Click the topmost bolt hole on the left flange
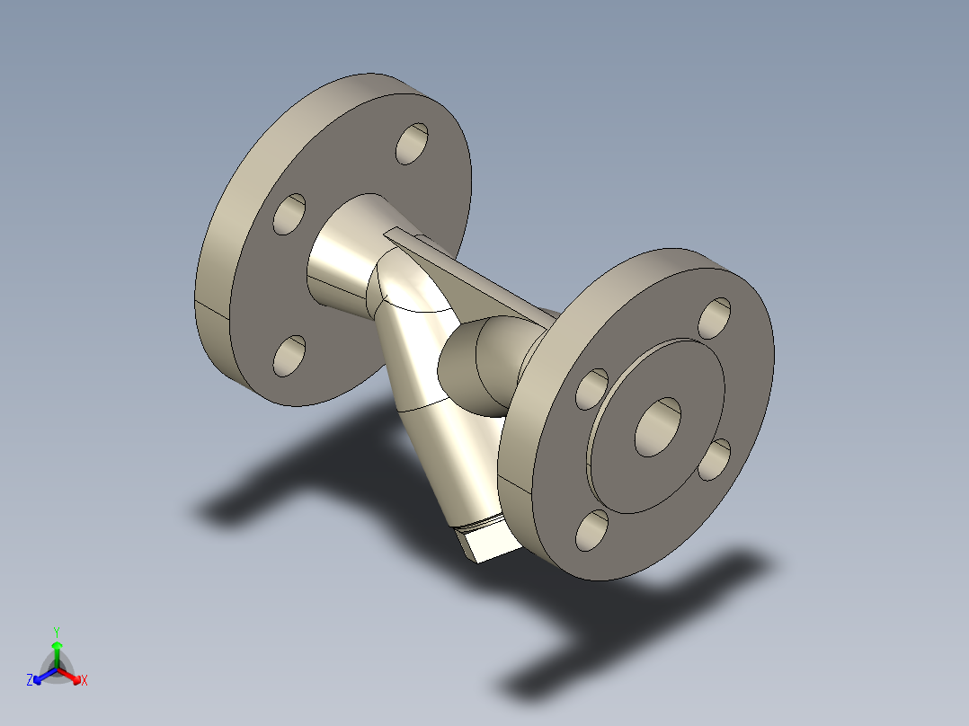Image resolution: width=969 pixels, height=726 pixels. click(412, 144)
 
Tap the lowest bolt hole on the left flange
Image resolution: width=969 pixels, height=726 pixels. click(289, 356)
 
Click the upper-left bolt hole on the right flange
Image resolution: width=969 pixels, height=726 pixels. click(592, 388)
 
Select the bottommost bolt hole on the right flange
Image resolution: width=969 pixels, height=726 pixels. click(592, 530)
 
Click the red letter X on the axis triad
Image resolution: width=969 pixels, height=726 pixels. click(84, 681)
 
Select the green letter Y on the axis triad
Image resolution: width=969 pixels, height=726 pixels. click(56, 632)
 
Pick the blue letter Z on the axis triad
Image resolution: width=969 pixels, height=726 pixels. click(30, 681)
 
